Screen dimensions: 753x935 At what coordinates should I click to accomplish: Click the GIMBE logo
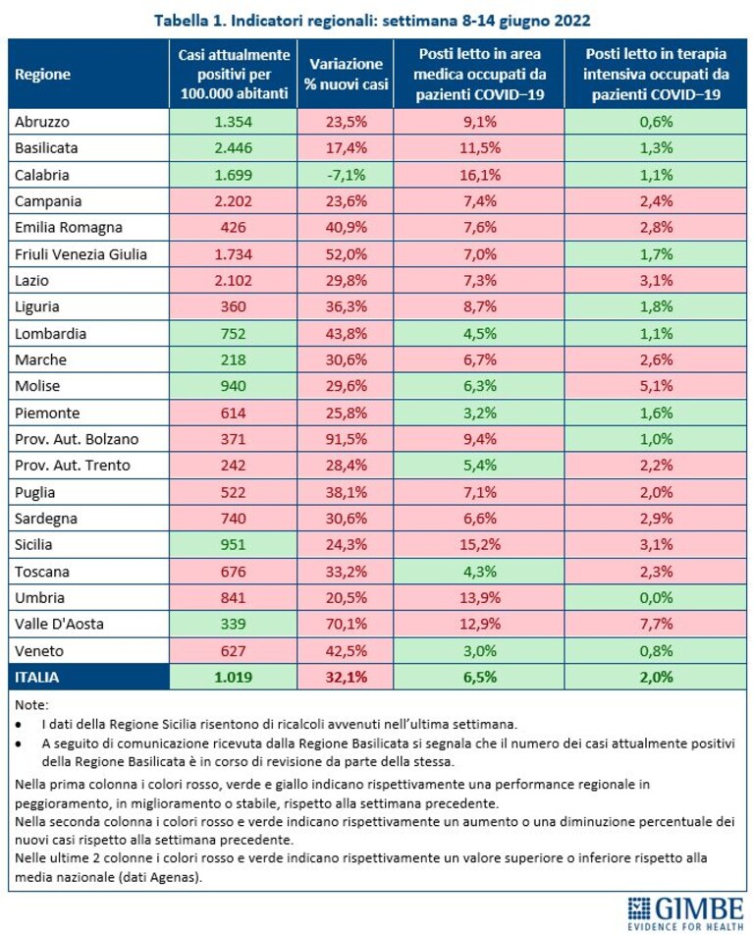click(x=685, y=913)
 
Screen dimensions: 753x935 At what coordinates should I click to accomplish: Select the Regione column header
click(x=43, y=75)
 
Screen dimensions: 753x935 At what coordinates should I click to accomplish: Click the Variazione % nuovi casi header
click(x=346, y=75)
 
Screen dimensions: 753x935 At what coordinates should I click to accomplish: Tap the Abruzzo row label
click(x=42, y=122)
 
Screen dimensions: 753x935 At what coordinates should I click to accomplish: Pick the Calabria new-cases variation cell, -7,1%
click(x=346, y=175)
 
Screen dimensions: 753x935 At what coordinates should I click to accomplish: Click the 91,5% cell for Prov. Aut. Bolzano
click(x=346, y=439)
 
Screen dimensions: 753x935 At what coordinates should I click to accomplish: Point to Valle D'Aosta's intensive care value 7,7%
click(x=656, y=624)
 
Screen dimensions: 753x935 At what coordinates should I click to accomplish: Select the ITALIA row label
click(x=37, y=678)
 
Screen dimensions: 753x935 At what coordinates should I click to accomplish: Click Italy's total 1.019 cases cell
click(x=233, y=678)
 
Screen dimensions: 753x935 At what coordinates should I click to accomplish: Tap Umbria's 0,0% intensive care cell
click(x=656, y=597)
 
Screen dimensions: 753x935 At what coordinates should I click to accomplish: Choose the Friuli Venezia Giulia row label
click(x=81, y=254)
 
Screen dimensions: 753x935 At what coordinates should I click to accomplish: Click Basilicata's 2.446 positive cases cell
click(x=233, y=148)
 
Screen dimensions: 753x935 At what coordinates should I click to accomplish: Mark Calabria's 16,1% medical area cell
click(x=479, y=175)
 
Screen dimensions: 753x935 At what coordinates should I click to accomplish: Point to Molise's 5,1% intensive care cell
click(x=656, y=386)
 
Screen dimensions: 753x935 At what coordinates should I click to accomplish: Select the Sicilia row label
click(x=33, y=544)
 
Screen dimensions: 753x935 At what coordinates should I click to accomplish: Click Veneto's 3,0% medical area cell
click(x=479, y=650)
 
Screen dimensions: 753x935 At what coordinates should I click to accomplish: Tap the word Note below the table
click(x=31, y=705)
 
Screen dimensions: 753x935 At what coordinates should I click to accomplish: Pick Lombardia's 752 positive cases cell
click(x=233, y=333)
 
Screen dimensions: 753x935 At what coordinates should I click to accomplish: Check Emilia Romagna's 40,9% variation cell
click(x=346, y=227)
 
